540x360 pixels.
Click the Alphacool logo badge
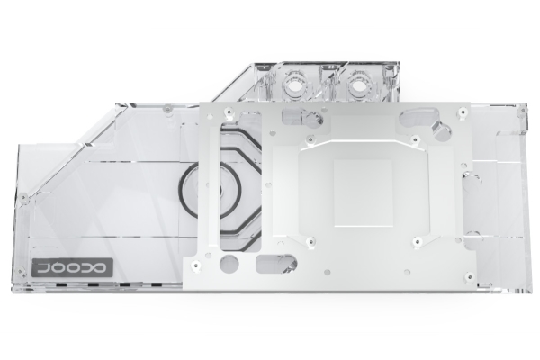(72, 267)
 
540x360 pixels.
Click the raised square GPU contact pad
(363, 193)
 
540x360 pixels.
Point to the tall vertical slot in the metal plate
(224, 185)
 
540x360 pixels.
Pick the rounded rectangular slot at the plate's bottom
(276, 263)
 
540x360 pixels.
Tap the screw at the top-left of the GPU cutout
(310, 139)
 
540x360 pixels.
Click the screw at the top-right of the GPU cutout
(416, 139)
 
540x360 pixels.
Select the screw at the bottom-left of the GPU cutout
(310, 240)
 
